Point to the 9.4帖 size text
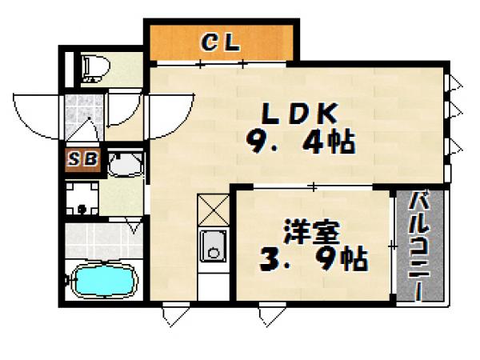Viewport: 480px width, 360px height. pyautogui.click(x=299, y=144)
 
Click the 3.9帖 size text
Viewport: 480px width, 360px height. pyautogui.click(x=313, y=259)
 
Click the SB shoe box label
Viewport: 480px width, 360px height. pyautogui.click(x=82, y=160)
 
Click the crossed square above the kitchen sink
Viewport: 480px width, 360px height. pyautogui.click(x=214, y=210)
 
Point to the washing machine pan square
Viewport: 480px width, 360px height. pyautogui.click(x=81, y=197)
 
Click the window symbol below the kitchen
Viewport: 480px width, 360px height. pyautogui.click(x=170, y=315)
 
